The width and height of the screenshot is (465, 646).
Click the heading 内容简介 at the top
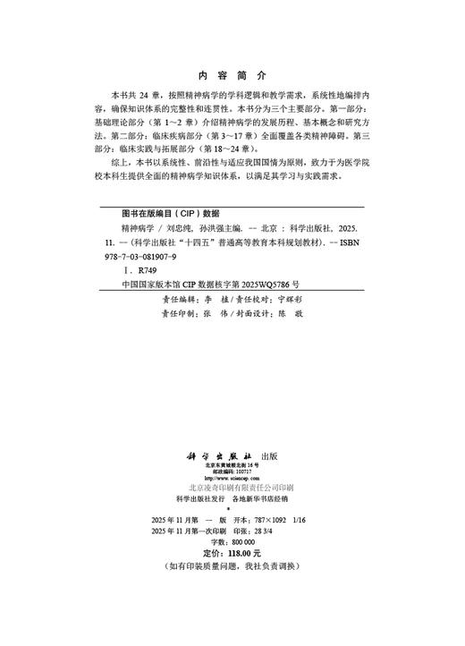[x=232, y=75]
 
